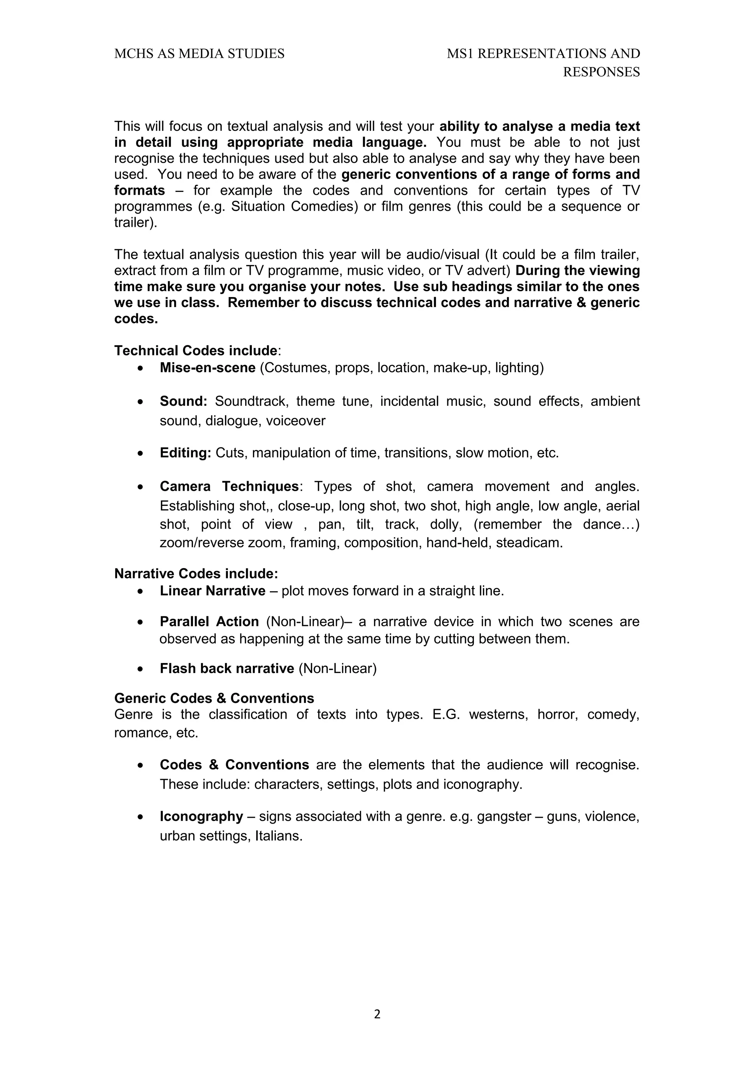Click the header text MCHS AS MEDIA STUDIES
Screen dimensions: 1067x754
[199, 54]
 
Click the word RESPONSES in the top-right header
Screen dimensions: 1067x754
[601, 72]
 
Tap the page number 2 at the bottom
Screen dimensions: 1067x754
[377, 1014]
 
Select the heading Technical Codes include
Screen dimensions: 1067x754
[195, 351]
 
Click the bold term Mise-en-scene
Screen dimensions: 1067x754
[207, 367]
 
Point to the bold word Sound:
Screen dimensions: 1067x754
[183, 401]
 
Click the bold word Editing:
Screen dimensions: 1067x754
[185, 452]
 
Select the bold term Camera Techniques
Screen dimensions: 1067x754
[229, 486]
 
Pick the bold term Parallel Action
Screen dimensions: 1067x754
[209, 621]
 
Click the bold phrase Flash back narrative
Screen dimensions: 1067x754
[227, 668]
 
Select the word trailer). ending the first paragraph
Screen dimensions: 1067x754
[135, 223]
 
